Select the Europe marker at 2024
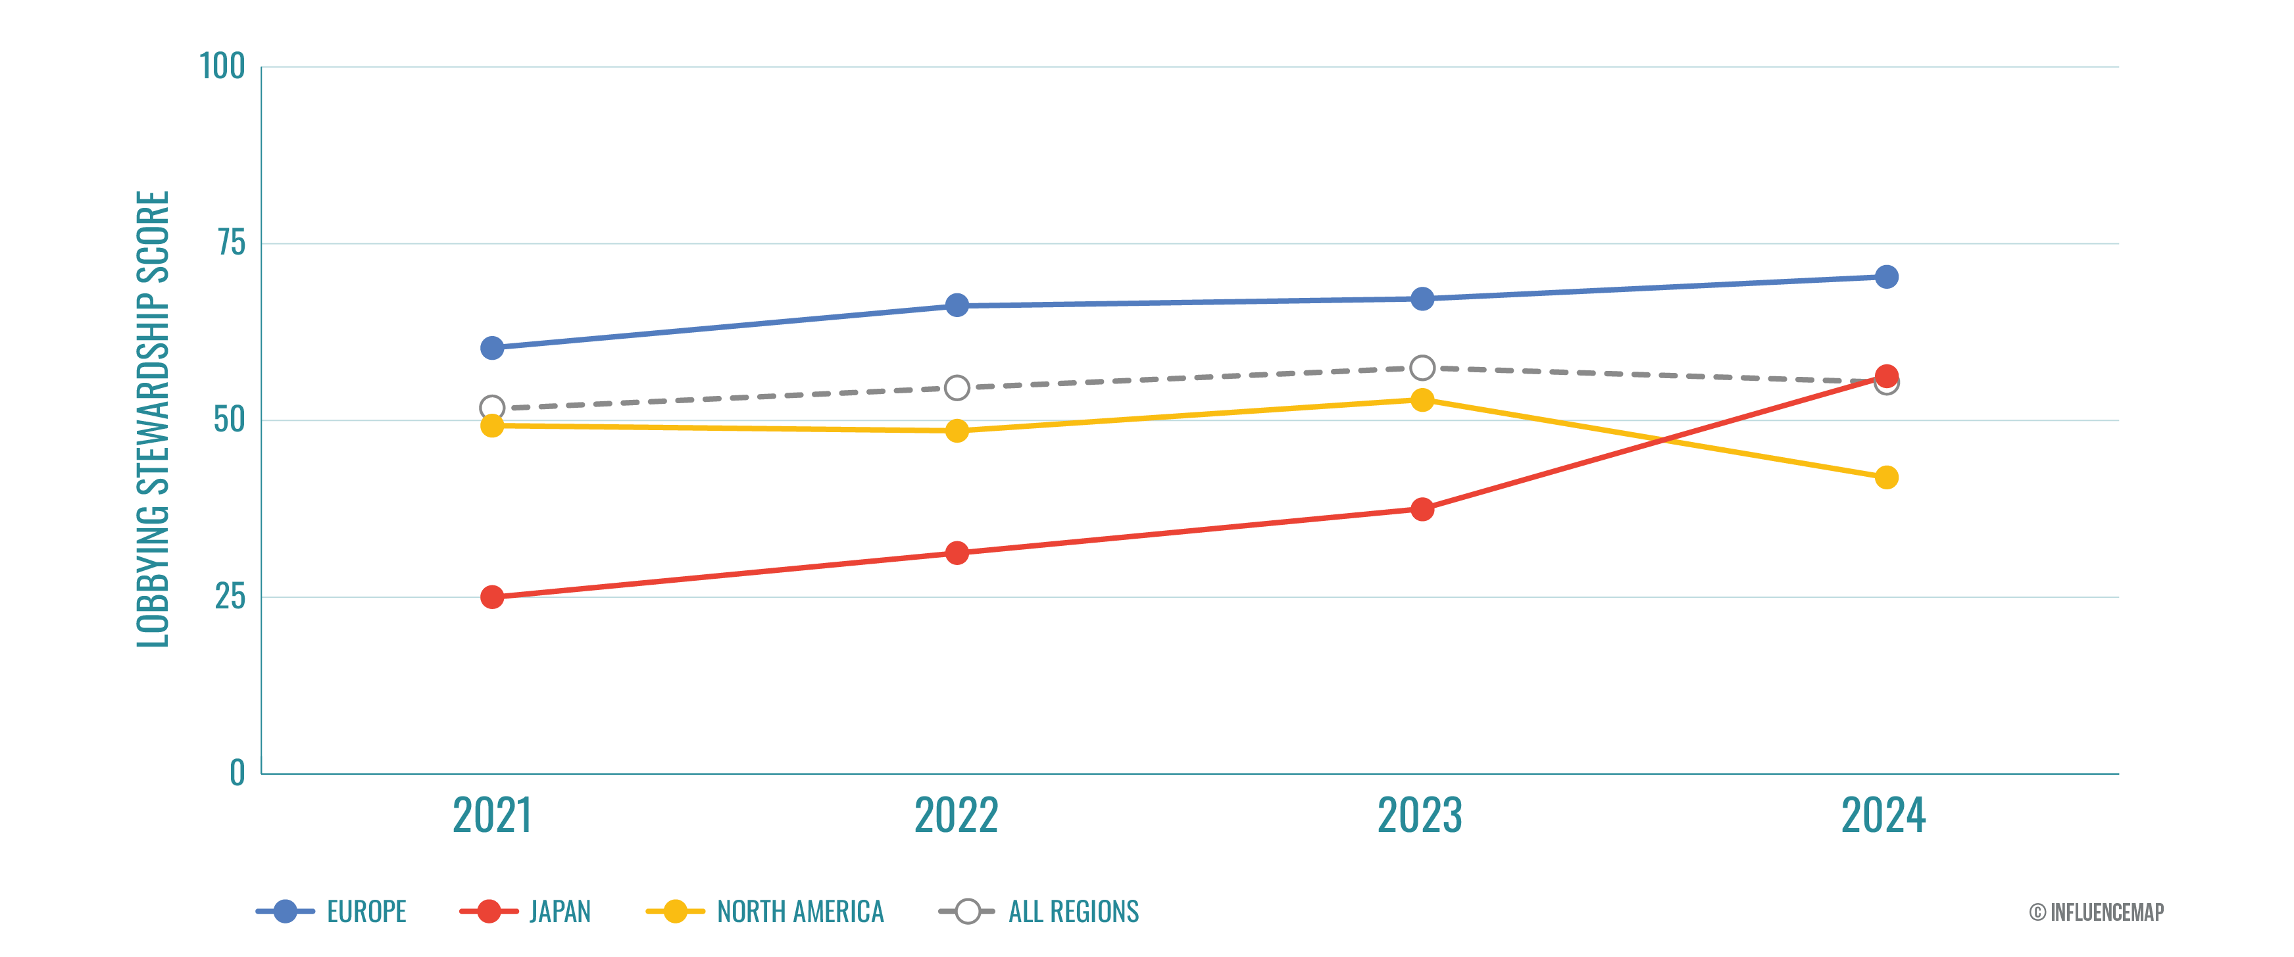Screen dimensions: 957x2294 pos(1886,277)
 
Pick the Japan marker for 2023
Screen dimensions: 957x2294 pos(1422,509)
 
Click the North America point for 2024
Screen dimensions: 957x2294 pos(1886,477)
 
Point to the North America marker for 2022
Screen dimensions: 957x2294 pos(957,431)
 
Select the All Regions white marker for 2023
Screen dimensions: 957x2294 pos(1422,368)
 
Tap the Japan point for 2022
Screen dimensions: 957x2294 pos(957,553)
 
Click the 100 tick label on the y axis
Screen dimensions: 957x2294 pos(222,67)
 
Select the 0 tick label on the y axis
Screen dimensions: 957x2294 pos(237,773)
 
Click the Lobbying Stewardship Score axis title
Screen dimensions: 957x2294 pos(152,418)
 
